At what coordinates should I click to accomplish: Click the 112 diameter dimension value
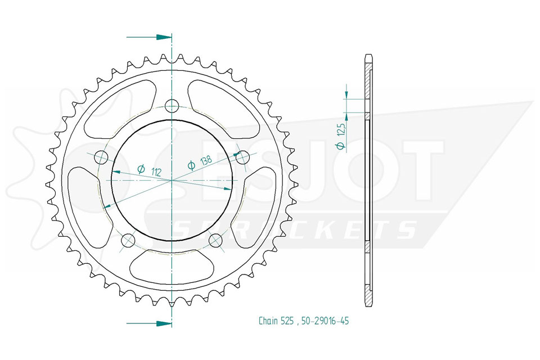coord(156,172)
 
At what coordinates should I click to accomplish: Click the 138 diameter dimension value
coord(206,160)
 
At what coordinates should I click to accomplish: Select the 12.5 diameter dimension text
coord(341,130)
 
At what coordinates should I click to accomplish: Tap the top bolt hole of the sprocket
coord(172,106)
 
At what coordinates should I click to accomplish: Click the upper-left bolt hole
coord(101,157)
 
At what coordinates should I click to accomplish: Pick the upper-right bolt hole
coord(243,157)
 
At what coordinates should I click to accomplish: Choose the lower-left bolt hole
coord(128,240)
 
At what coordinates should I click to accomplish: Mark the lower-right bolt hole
coord(215,240)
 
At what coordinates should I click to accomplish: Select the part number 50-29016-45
coord(325,321)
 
